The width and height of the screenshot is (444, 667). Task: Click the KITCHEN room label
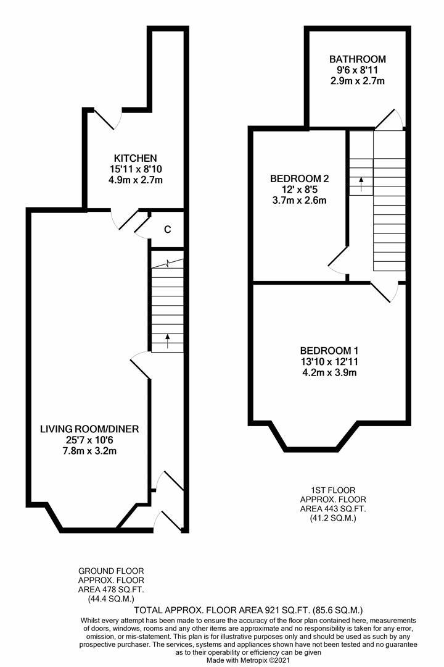(x=135, y=158)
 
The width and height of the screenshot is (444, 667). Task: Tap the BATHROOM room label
(x=357, y=59)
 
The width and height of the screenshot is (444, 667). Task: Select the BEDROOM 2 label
(x=299, y=178)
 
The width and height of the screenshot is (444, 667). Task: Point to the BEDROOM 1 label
(x=329, y=349)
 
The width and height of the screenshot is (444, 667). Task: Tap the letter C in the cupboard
(x=167, y=230)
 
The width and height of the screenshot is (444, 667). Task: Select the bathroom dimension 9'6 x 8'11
(x=357, y=70)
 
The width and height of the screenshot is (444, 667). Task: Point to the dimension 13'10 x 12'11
(x=329, y=361)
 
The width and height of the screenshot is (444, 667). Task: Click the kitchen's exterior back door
(x=105, y=118)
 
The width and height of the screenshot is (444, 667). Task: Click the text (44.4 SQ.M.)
(x=111, y=599)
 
